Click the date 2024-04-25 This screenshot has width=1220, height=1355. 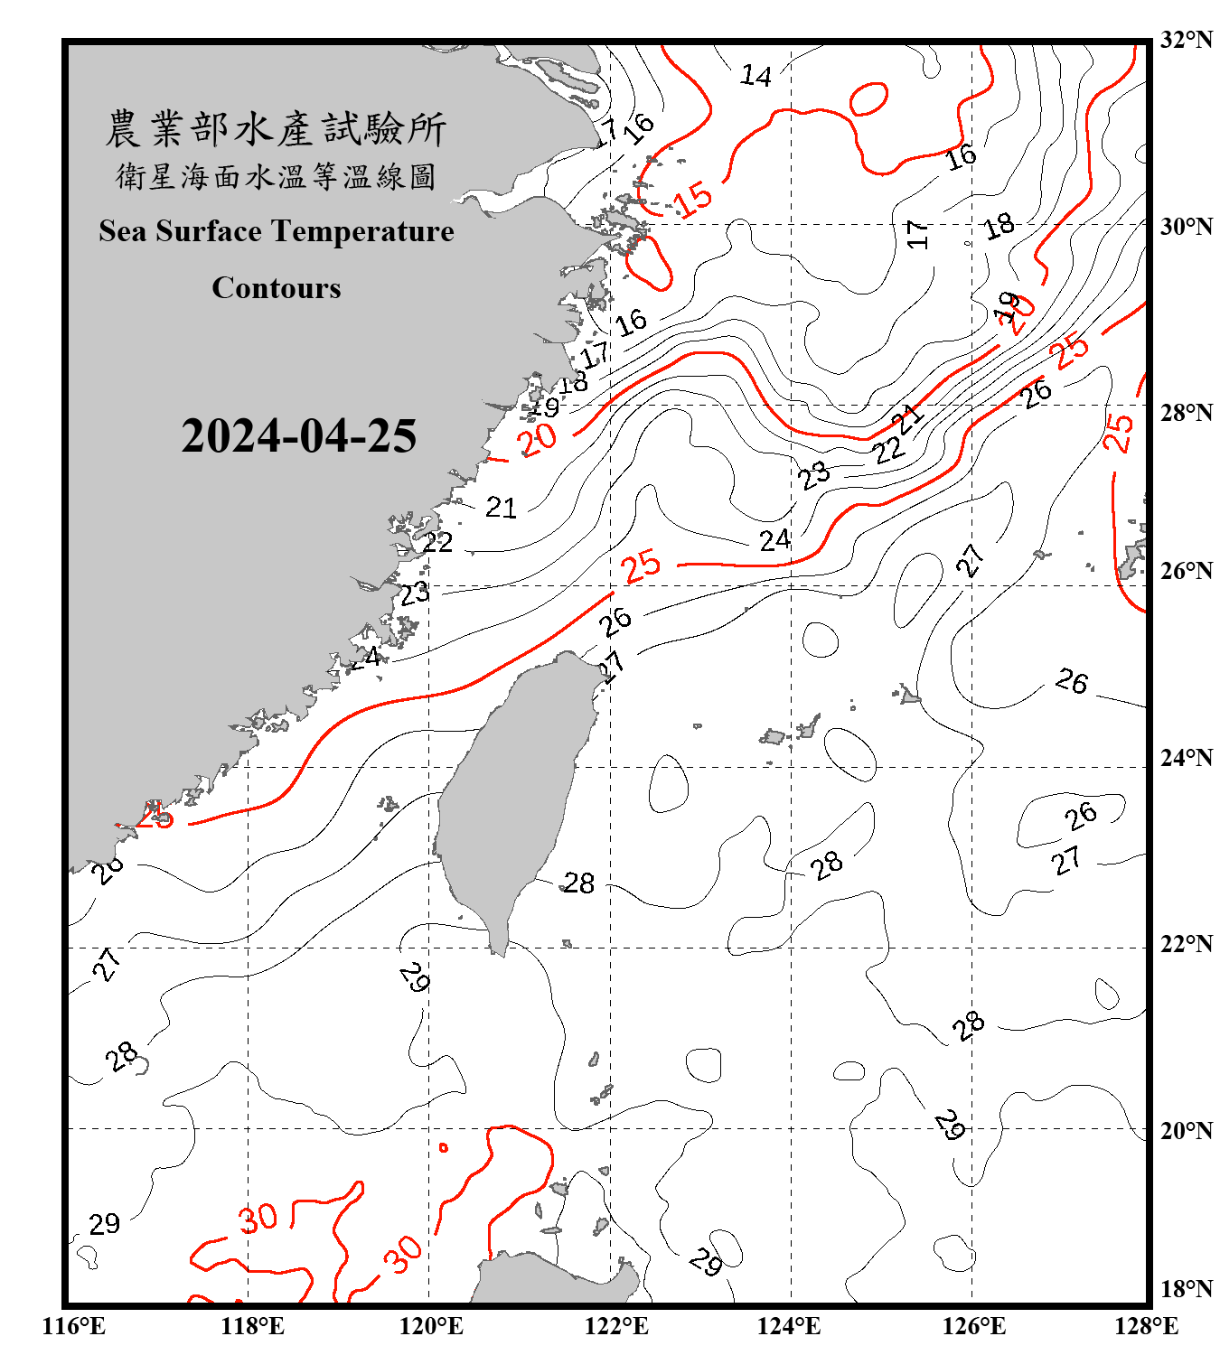pyautogui.click(x=298, y=436)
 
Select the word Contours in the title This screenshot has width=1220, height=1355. pyautogui.click(x=277, y=288)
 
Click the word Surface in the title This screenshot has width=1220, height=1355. pyautogui.click(x=209, y=231)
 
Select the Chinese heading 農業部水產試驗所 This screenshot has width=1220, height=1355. pyautogui.click(x=276, y=129)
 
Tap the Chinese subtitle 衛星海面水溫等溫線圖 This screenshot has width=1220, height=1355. pyautogui.click(x=276, y=176)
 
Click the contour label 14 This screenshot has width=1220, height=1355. pyautogui.click(x=755, y=76)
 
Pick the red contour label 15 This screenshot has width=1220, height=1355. pyautogui.click(x=694, y=199)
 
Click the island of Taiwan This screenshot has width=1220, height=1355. pyautogui.click(x=511, y=795)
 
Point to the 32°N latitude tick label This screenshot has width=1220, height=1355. pyautogui.click(x=1186, y=40)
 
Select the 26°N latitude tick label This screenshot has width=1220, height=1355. pyautogui.click(x=1186, y=571)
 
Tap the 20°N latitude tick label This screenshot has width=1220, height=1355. pyautogui.click(x=1186, y=1130)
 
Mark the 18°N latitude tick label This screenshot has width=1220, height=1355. pyautogui.click(x=1186, y=1289)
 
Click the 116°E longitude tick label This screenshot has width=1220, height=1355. pyautogui.click(x=74, y=1326)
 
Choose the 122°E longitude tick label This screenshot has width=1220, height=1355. pyautogui.click(x=616, y=1326)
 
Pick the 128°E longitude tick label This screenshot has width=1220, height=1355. pyautogui.click(x=1146, y=1326)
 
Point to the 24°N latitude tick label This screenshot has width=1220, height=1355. pyautogui.click(x=1186, y=758)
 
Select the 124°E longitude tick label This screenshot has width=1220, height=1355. pyautogui.click(x=789, y=1326)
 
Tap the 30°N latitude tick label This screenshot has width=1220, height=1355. pyautogui.click(x=1186, y=227)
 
